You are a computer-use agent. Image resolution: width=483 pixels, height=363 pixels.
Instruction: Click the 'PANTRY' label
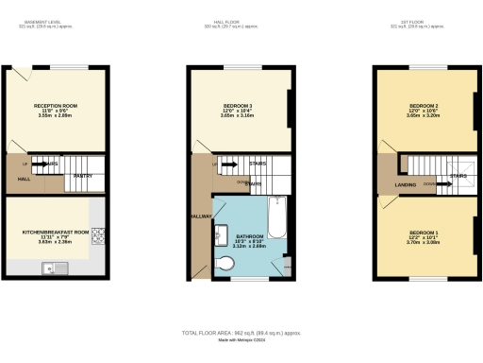click(82, 175)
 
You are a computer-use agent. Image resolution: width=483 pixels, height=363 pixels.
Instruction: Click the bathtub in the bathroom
click(275, 218)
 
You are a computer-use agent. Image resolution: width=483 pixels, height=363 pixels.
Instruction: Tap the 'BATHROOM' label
click(248, 235)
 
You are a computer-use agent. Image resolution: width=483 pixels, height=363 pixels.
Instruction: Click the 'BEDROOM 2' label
click(425, 105)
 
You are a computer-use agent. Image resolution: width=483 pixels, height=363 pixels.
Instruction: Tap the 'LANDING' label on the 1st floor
click(406, 184)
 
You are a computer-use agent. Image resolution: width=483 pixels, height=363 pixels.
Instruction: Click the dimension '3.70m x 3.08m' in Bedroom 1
click(425, 242)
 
